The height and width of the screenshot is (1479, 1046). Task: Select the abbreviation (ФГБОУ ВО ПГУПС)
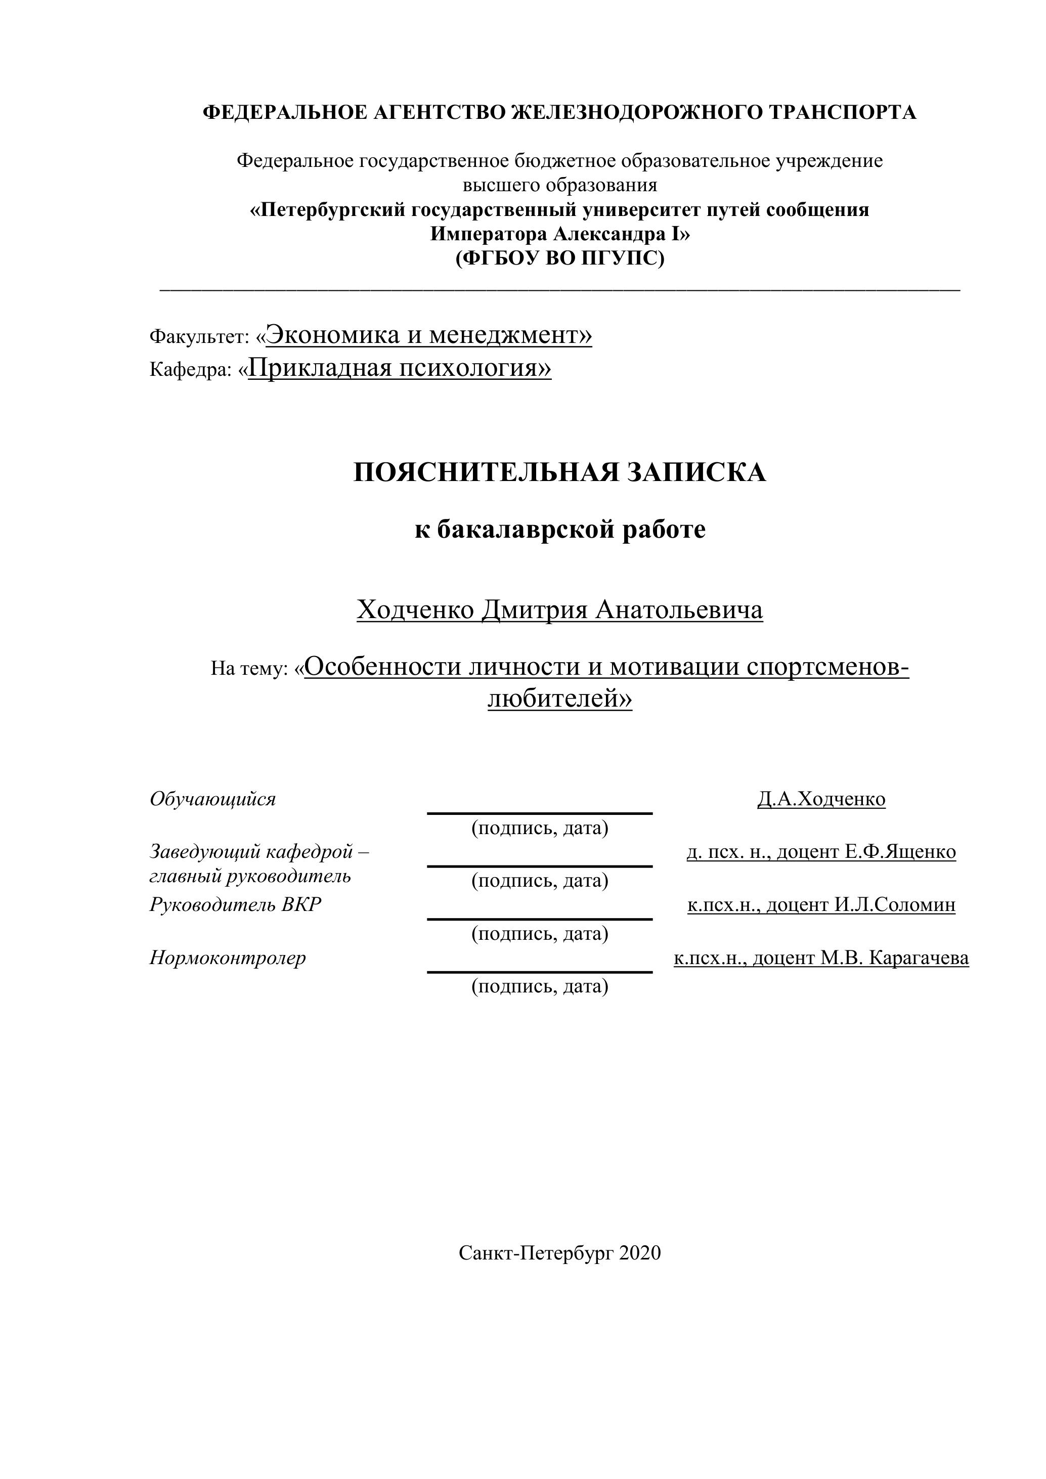560,258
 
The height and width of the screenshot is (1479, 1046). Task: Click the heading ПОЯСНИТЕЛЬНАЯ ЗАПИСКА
560,472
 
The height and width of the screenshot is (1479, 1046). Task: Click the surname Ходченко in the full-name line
415,610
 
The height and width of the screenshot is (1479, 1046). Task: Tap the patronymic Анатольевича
679,610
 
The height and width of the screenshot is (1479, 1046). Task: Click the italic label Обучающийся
212,799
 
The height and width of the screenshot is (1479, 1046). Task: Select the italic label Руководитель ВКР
235,905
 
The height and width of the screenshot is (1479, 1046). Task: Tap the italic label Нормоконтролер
228,958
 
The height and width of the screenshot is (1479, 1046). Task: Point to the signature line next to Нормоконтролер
540,972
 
